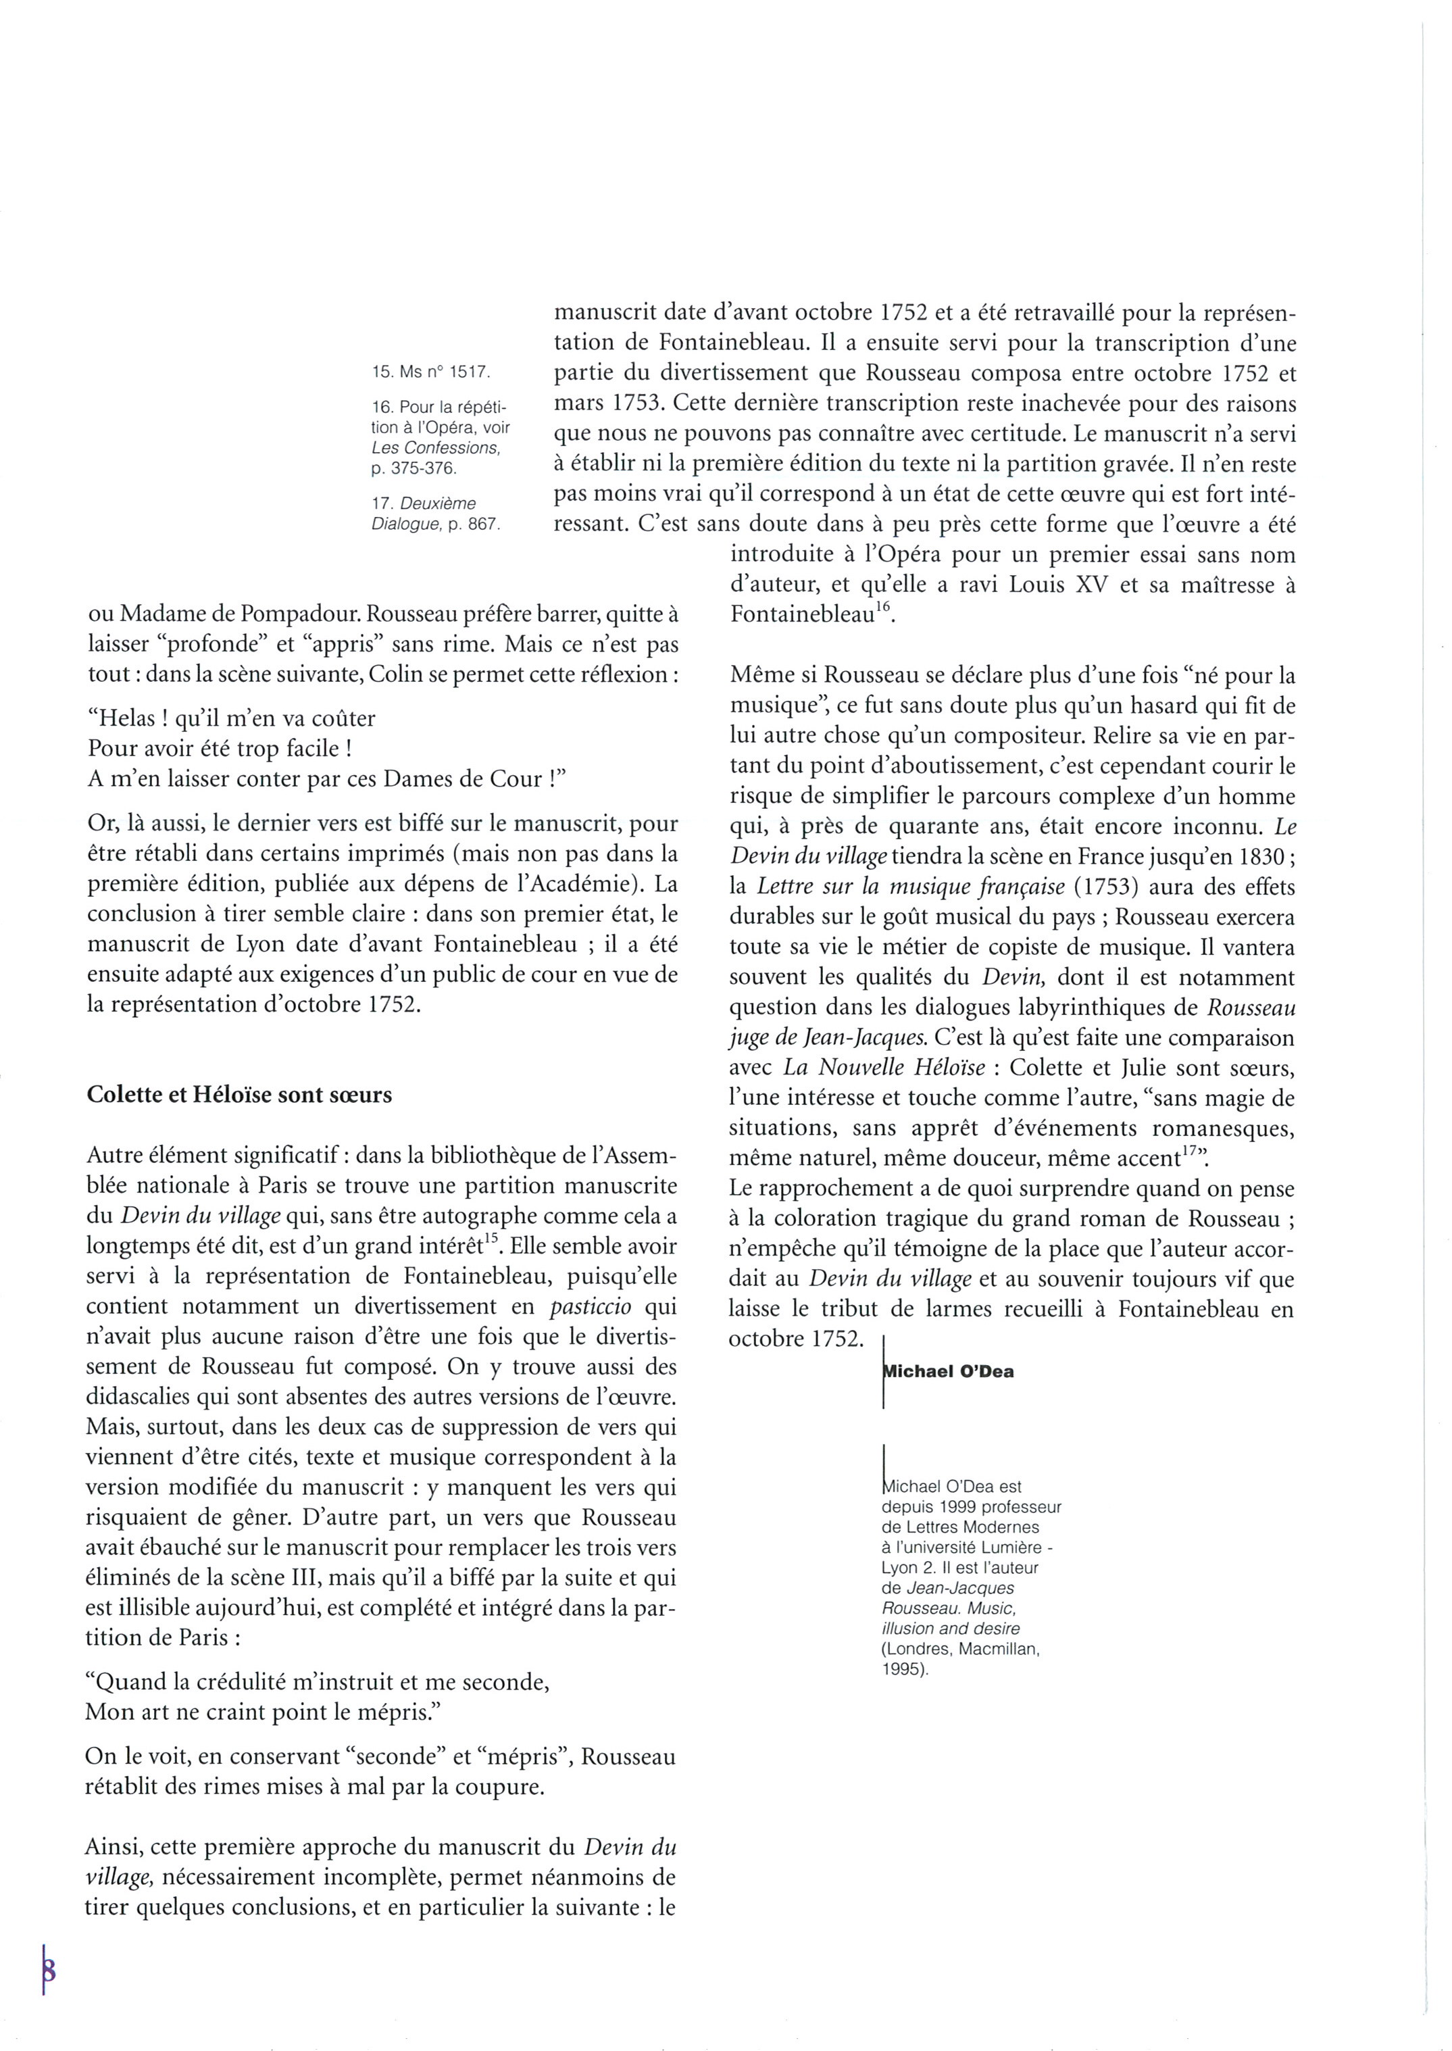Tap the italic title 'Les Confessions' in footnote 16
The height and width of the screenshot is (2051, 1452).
(435, 447)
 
